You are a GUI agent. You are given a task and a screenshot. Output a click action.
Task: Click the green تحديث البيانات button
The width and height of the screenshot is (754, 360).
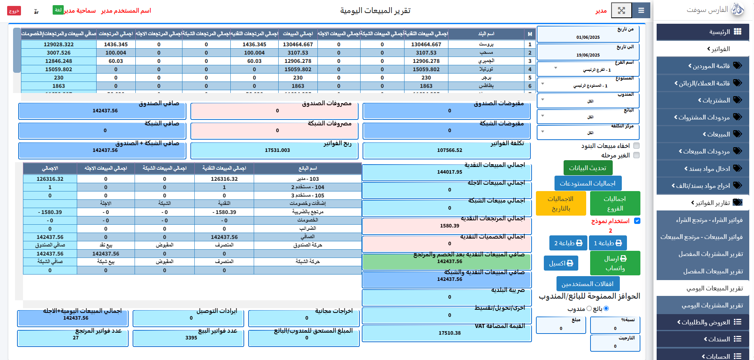pos(587,168)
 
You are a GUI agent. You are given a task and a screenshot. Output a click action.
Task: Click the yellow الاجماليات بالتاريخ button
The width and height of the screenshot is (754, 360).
pos(560,203)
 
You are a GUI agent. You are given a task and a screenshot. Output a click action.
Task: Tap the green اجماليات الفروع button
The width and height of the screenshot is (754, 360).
pos(615,203)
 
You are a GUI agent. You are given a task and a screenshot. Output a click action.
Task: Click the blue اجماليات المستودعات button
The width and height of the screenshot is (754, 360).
pos(587,184)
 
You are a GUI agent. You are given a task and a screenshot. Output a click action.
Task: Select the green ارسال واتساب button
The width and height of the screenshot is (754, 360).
pos(615,263)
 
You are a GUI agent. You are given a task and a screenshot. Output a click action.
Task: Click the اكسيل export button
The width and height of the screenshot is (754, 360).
pos(561,263)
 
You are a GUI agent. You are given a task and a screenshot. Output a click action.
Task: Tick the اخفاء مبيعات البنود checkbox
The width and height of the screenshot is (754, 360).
pos(636,146)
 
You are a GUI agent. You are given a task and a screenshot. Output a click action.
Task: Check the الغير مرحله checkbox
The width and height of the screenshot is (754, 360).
pos(636,155)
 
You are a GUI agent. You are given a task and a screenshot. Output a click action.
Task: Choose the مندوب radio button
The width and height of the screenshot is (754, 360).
pos(589,309)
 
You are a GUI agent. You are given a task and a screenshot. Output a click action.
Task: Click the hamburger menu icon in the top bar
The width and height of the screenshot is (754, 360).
pos(641,10)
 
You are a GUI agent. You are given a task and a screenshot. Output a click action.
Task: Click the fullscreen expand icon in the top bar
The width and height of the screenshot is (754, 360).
pos(621,10)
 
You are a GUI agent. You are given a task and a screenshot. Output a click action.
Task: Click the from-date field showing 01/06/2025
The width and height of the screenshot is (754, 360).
pos(588,37)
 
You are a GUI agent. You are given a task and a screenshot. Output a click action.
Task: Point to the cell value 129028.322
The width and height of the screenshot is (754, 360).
pos(59,45)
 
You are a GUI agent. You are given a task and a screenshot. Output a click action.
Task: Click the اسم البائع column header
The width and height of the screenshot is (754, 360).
pos(308,169)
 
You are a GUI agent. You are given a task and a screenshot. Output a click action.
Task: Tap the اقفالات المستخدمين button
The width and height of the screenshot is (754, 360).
pos(587,284)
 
